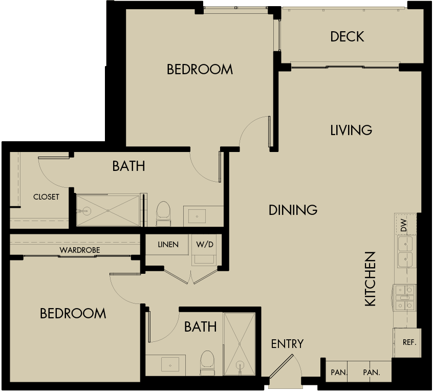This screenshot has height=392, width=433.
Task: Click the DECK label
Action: pyautogui.click(x=347, y=37)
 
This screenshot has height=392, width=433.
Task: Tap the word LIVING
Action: pyautogui.click(x=351, y=130)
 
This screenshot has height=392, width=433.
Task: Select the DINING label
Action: pyautogui.click(x=293, y=210)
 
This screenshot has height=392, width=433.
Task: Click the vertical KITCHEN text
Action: pyautogui.click(x=370, y=279)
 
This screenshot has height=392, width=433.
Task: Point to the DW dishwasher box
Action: pyautogui.click(x=403, y=225)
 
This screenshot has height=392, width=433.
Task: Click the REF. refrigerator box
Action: pyautogui.click(x=408, y=342)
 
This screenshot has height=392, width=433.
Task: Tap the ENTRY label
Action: pyautogui.click(x=287, y=344)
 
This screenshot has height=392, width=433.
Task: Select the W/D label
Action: pyautogui.click(x=204, y=245)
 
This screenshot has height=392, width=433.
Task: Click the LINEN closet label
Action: pyautogui.click(x=168, y=245)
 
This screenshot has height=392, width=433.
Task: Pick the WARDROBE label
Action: pyautogui.click(x=79, y=250)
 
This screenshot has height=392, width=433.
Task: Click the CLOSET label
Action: pyautogui.click(x=46, y=197)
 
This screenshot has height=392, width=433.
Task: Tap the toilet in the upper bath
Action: pyautogui.click(x=163, y=213)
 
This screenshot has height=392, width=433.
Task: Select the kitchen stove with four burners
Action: pyautogui.click(x=404, y=298)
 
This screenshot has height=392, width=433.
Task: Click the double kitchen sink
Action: pyautogui.click(x=405, y=252)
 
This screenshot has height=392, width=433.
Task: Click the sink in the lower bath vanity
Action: pyautogui.click(x=169, y=364)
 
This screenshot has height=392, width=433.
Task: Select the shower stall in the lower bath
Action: pyautogui.click(x=239, y=344)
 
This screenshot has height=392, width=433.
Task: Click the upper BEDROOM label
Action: pyautogui.click(x=200, y=70)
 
